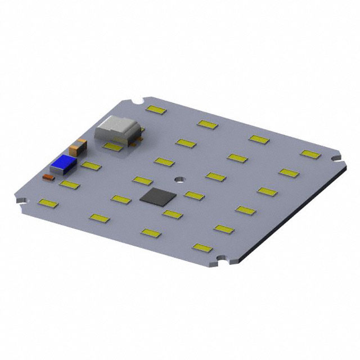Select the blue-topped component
[63, 164]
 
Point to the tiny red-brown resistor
[48, 177]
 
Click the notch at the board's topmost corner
[136, 102]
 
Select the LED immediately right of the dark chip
[193, 195]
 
